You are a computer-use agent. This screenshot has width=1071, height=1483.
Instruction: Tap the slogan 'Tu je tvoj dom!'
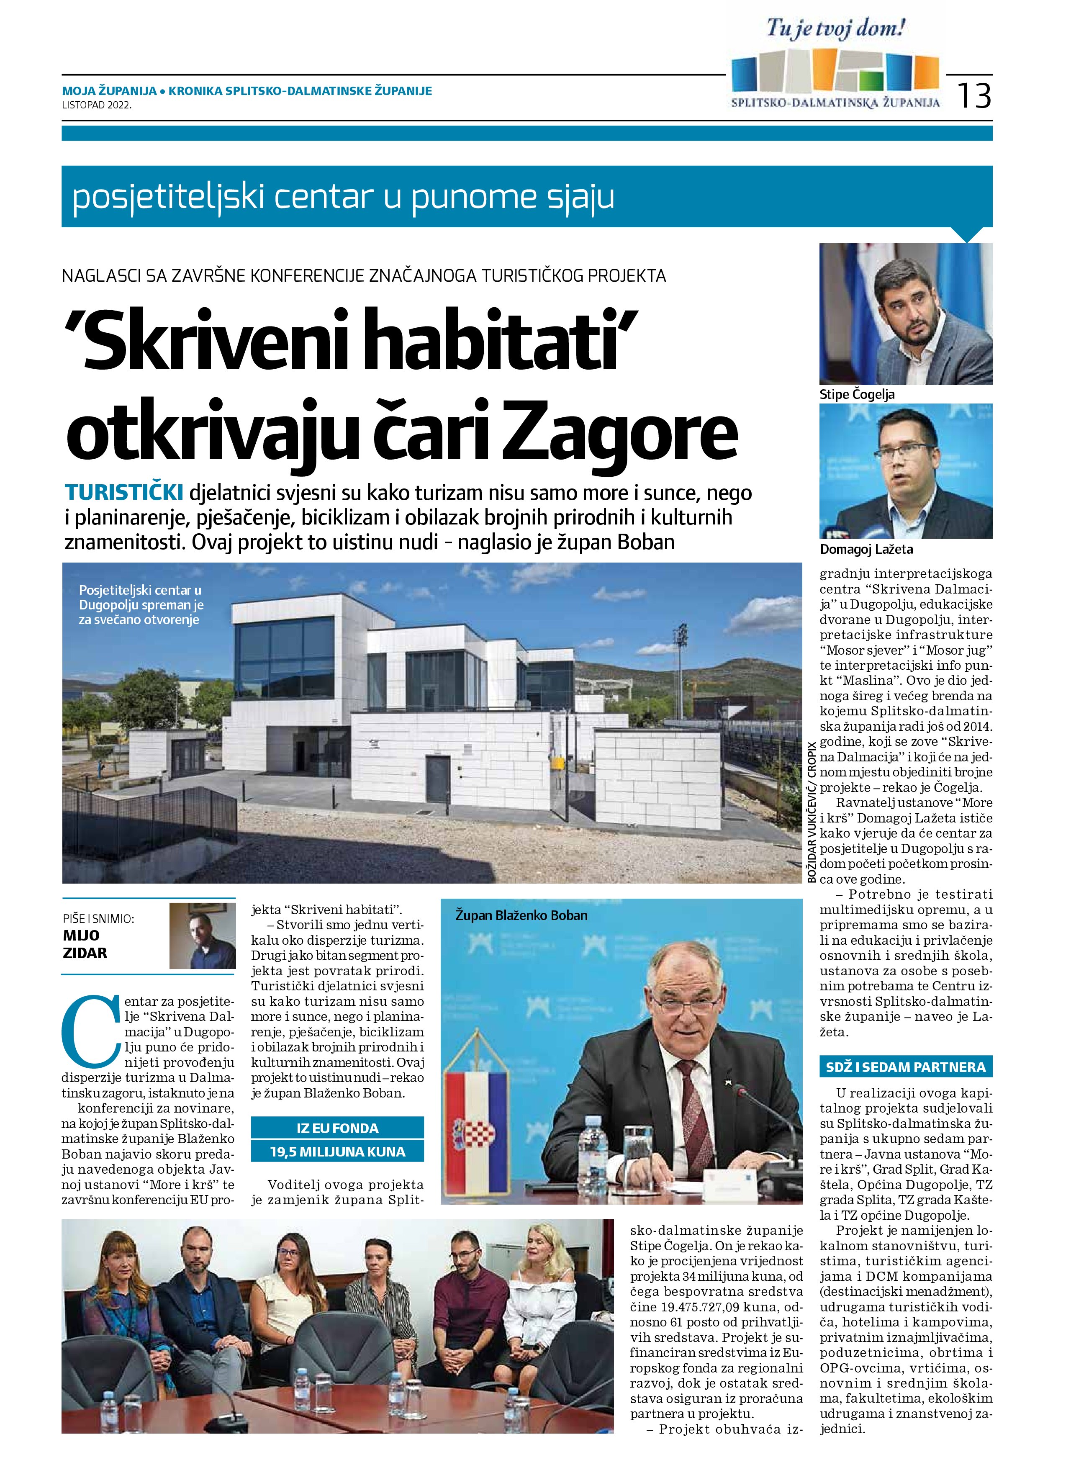point(836,29)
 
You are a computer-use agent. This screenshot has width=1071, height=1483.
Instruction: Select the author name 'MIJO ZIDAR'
point(85,944)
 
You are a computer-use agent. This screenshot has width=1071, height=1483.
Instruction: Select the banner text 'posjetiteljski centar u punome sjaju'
point(343,197)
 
